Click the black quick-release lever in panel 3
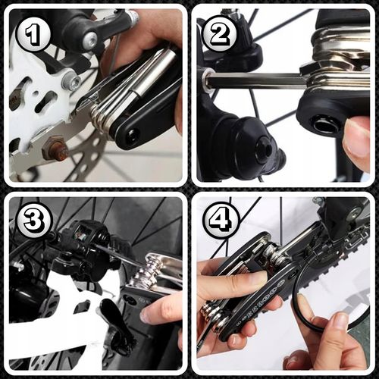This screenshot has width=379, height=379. [x=114, y=326]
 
